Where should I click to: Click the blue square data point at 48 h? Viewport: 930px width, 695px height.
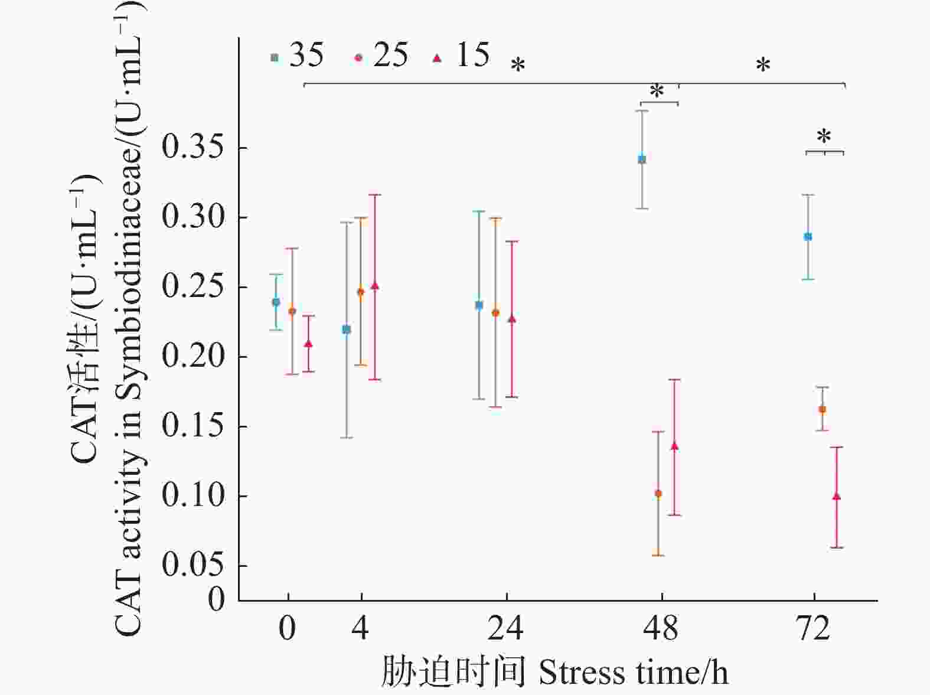642,159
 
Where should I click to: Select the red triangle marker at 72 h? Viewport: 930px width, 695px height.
836,497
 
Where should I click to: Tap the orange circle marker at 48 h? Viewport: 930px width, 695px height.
658,494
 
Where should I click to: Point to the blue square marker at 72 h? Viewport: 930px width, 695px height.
808,237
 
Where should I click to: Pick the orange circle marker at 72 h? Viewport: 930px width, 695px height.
822,409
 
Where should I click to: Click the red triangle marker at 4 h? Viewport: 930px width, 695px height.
374,286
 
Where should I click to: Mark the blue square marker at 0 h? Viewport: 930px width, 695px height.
276,302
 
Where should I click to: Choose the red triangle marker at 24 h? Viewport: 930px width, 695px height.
512,319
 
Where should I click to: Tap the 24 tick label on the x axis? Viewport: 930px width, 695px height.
505,629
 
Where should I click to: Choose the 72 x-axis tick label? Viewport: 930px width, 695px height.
814,629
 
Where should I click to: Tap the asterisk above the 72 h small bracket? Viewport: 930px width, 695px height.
824,137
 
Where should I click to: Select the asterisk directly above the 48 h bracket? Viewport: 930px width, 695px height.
657,92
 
